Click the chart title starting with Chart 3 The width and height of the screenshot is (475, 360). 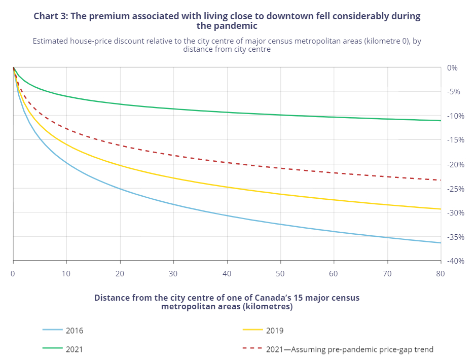pyautogui.click(x=227, y=20)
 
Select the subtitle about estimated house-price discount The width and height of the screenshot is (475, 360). pyautogui.click(x=227, y=45)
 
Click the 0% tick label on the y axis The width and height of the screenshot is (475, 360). pyautogui.click(x=453, y=67)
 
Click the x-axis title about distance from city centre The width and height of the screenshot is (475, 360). pyautogui.click(x=227, y=302)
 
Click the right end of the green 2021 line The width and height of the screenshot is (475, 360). pyautogui.click(x=441, y=121)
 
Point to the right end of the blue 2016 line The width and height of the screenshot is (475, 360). pyautogui.click(x=441, y=243)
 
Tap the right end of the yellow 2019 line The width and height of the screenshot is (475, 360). pyautogui.click(x=441, y=209)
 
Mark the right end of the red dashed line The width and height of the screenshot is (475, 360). pyautogui.click(x=441, y=180)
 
